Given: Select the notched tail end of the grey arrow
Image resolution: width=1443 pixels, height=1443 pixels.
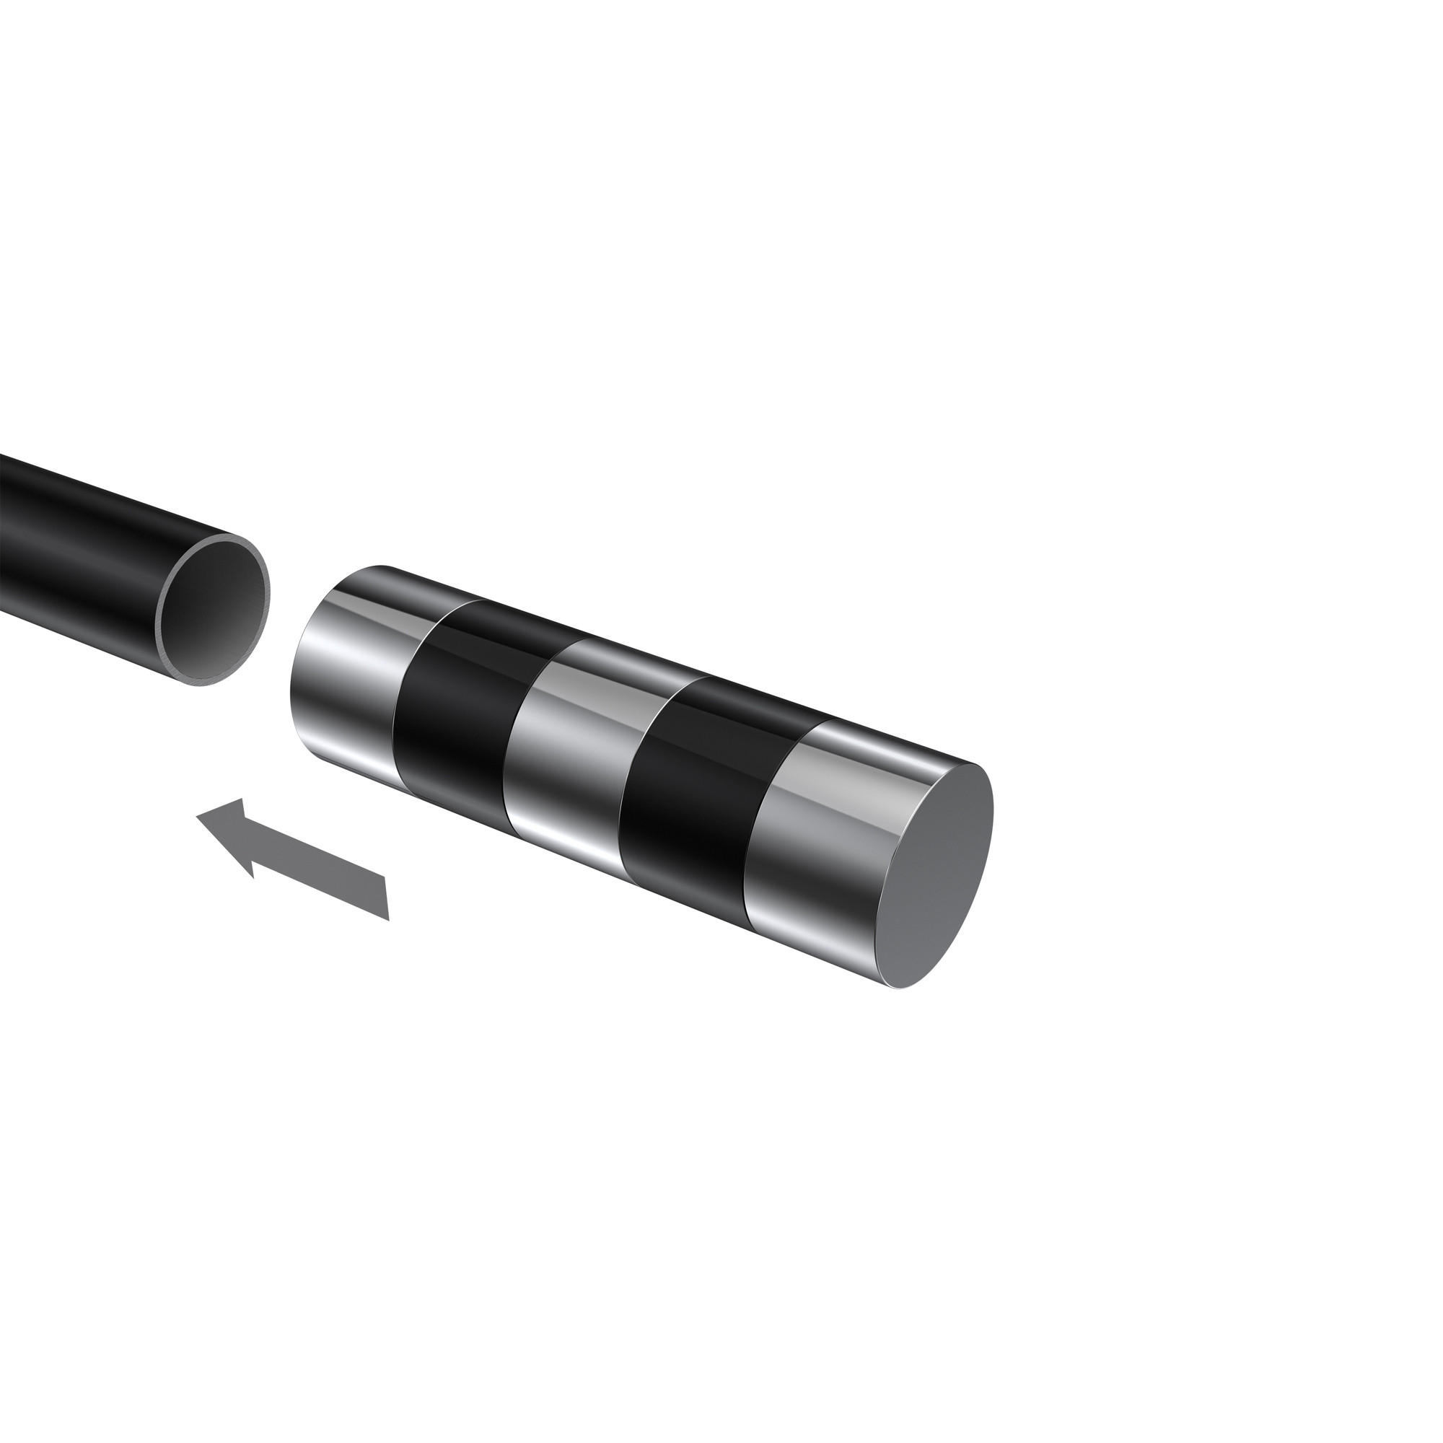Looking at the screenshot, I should click(386, 897).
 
